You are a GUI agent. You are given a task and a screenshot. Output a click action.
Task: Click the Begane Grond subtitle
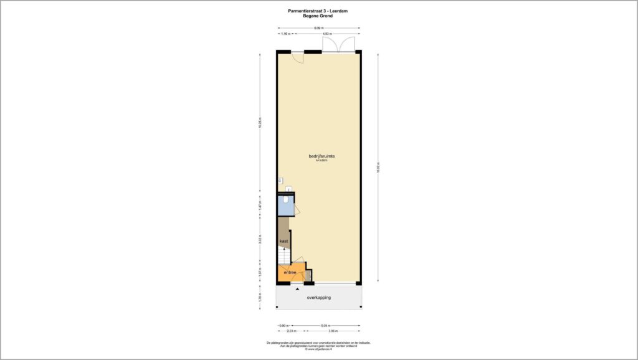318,16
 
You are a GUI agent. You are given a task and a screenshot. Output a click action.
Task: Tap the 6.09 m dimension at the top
318,27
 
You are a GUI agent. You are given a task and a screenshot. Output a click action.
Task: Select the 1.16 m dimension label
286,34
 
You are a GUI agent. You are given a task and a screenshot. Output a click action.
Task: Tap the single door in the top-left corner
298,57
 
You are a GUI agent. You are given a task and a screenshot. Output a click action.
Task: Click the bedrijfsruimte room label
318,156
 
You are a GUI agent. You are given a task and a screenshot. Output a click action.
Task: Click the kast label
283,240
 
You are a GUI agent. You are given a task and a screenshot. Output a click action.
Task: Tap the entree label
290,273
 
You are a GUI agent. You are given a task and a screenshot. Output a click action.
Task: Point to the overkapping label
318,298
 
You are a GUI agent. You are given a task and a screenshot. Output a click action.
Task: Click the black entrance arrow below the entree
297,289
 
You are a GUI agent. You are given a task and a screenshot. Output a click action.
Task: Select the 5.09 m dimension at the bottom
325,325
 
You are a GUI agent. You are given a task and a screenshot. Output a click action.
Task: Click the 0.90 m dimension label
282,325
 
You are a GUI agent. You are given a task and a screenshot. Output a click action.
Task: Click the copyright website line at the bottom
318,349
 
